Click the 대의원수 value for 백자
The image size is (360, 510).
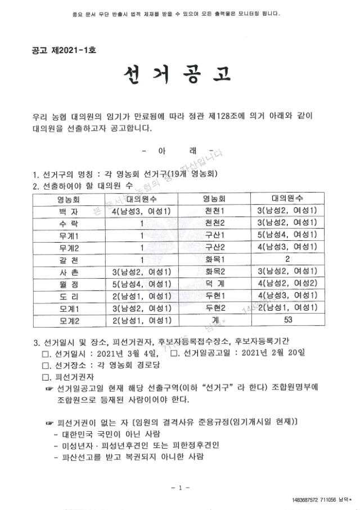pyautogui.click(x=142, y=211)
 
